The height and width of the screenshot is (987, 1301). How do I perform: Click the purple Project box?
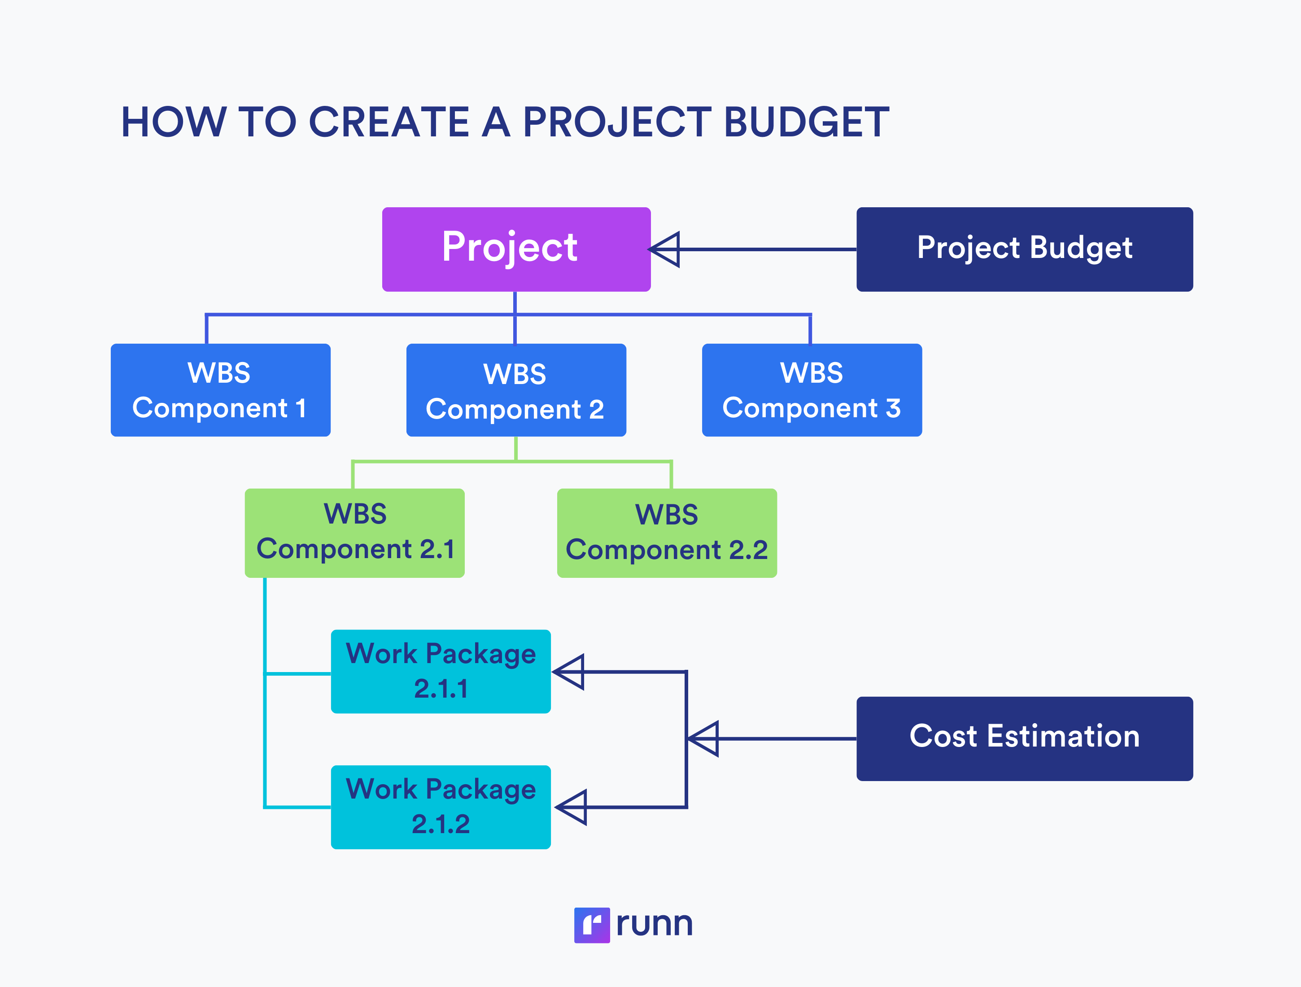coord(516,249)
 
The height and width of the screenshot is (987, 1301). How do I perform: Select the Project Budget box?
coord(1024,249)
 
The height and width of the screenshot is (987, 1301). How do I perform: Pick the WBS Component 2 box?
coord(516,389)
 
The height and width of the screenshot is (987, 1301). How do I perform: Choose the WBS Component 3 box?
coord(811,389)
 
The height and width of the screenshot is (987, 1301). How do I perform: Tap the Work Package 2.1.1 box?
coord(441,671)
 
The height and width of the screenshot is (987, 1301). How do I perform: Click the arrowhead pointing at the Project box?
coord(666,249)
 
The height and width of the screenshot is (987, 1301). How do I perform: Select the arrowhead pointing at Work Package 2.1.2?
coord(573,807)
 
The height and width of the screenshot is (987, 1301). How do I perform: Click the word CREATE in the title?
coord(389,122)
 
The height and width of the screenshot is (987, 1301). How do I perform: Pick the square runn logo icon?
coord(592,925)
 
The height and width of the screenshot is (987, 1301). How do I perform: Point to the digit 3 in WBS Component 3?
coord(893,408)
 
